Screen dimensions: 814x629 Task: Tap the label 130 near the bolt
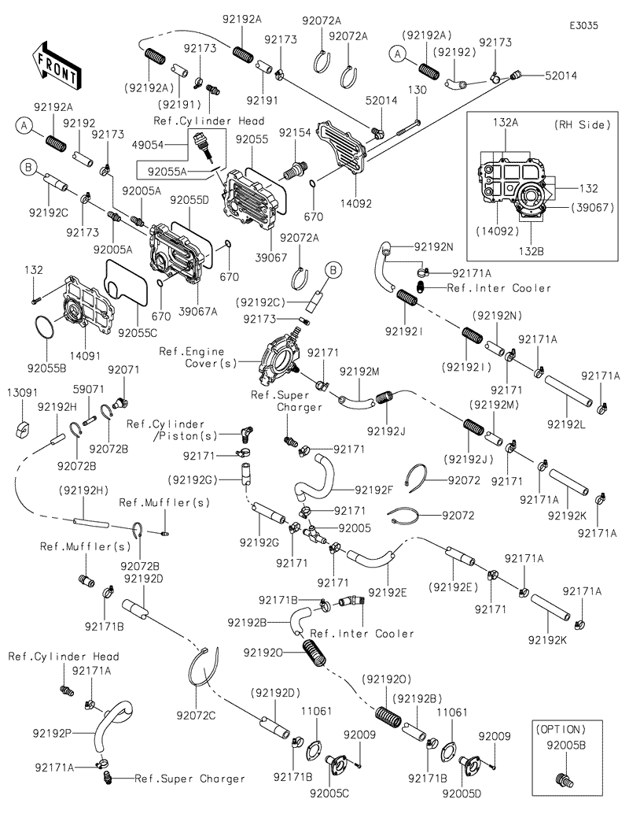[x=417, y=91]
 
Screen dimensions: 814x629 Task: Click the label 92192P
[x=53, y=733]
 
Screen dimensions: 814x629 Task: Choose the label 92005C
[x=329, y=793]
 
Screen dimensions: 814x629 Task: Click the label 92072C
[x=196, y=715]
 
